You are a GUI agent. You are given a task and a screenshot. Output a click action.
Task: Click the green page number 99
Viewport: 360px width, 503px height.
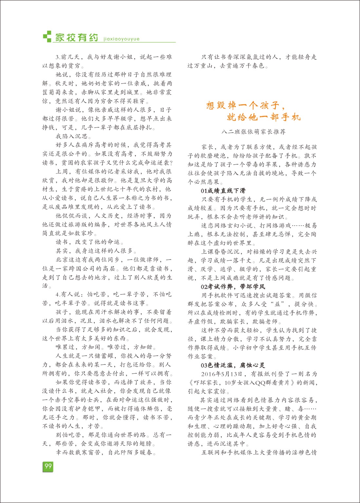click(x=48, y=466)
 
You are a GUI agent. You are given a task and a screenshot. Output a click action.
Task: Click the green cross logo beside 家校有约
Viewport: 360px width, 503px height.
click(x=47, y=36)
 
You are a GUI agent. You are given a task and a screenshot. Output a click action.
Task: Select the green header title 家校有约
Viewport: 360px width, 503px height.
click(x=76, y=37)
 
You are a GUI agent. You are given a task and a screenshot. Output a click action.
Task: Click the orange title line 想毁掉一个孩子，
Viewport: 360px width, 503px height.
click(x=246, y=105)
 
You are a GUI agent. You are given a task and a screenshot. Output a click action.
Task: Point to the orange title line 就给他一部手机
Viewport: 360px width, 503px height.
click(x=264, y=117)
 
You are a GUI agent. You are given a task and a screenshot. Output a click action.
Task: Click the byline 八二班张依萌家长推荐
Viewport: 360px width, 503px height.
click(x=253, y=132)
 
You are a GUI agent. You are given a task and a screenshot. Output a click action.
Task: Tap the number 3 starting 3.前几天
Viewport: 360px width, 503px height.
click(x=57, y=57)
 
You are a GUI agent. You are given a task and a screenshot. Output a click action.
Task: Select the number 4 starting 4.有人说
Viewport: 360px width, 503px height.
click(x=57, y=295)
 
